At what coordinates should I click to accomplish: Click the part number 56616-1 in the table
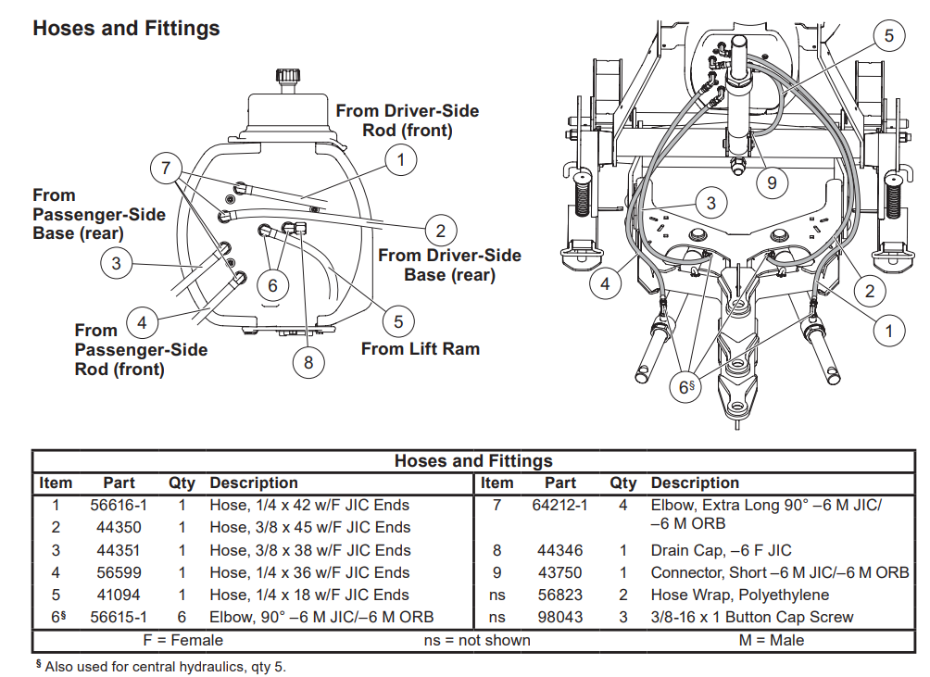(119, 506)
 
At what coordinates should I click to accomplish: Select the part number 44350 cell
(119, 528)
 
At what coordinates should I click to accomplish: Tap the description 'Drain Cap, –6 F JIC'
(721, 550)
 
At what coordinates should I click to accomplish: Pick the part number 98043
(560, 617)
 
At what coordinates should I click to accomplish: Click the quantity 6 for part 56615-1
(182, 617)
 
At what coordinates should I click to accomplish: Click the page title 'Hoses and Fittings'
(126, 28)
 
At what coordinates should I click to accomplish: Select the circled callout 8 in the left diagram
(308, 362)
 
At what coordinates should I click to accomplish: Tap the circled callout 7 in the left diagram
(166, 169)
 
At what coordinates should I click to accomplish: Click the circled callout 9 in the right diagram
(772, 182)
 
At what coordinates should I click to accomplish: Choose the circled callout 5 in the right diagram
(888, 36)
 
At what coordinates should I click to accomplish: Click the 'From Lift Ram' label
(420, 349)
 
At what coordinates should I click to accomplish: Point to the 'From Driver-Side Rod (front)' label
(408, 120)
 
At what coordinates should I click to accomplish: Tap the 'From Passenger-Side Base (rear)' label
(99, 214)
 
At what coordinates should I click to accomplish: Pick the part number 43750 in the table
(560, 572)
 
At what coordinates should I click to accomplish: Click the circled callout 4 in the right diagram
(605, 284)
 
